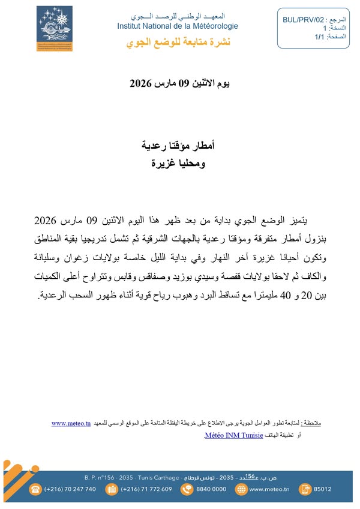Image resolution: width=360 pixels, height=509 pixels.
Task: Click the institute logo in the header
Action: (55, 29)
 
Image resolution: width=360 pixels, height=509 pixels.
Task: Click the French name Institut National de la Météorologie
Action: (178, 26)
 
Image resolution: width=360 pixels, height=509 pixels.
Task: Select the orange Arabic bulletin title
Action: (179, 42)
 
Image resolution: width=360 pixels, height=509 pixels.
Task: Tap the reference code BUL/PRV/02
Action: (304, 20)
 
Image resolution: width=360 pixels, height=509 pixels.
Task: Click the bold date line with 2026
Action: (179, 83)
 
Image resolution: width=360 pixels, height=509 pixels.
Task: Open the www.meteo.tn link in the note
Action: (71, 424)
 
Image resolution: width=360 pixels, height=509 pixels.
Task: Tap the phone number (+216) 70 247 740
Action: (70, 489)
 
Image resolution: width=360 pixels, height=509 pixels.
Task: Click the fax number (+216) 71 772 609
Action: (146, 489)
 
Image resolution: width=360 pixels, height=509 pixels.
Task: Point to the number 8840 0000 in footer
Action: (212, 489)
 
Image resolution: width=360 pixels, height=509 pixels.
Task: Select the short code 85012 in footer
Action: (339, 489)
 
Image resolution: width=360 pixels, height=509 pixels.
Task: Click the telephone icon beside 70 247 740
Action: (35, 489)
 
